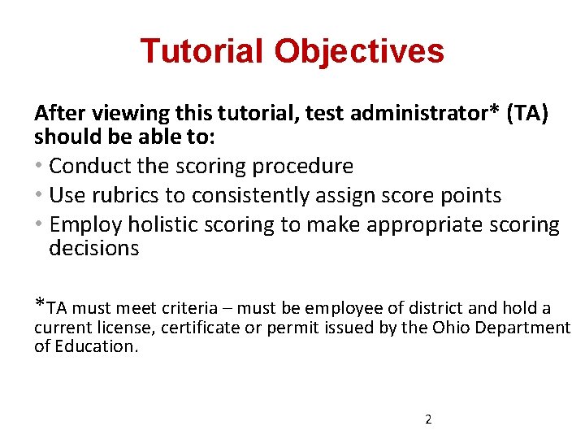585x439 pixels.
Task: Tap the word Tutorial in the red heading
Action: coord(201,51)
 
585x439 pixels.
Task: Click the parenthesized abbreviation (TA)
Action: coord(527,113)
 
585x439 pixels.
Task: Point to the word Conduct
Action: coord(84,167)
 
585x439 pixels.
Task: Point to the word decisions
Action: coord(94,248)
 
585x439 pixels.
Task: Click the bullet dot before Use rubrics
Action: coord(40,196)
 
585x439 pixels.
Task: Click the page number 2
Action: coord(428,420)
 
